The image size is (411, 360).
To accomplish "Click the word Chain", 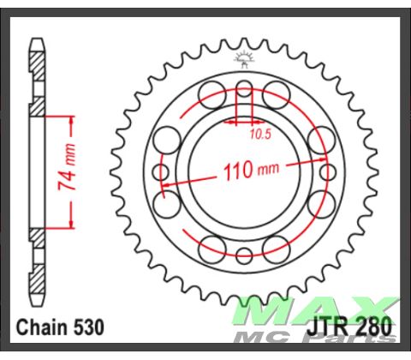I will pyautogui.click(x=39, y=327).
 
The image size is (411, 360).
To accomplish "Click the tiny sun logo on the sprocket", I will pyautogui.click(x=245, y=57).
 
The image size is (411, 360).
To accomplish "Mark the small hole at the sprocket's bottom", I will pyautogui.click(x=245, y=255).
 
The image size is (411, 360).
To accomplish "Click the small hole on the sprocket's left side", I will pyautogui.click(x=161, y=171).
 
